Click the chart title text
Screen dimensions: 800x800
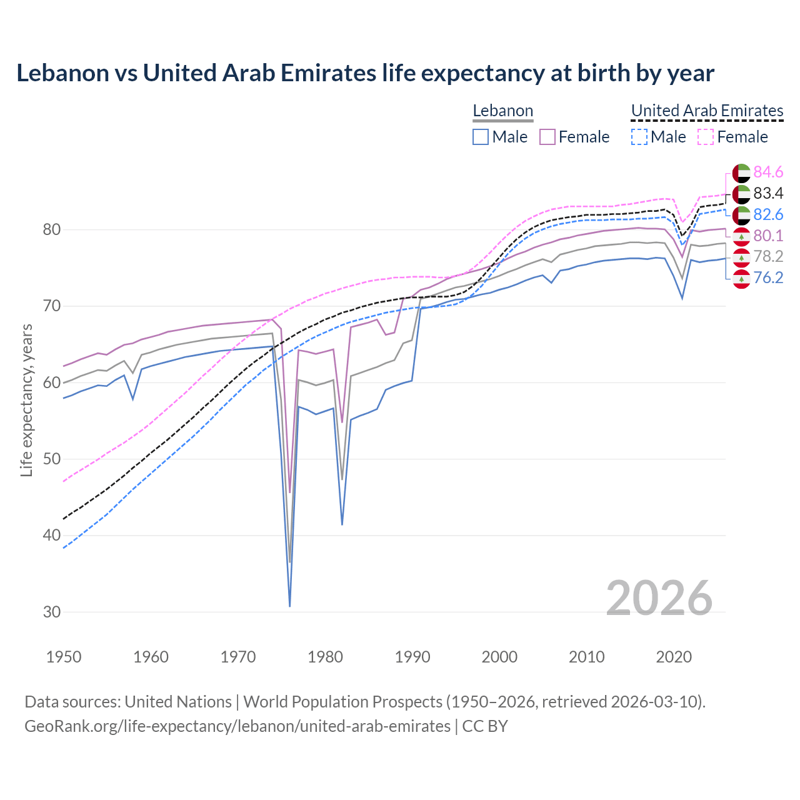[x=365, y=73]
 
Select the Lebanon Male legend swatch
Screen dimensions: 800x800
[x=480, y=137]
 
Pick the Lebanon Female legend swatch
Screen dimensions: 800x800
[x=547, y=137]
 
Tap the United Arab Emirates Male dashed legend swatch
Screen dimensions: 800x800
[x=639, y=137]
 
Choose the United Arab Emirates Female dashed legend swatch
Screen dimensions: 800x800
[x=705, y=137]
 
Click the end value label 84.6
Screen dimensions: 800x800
[x=768, y=172]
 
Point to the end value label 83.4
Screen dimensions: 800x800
[x=768, y=193]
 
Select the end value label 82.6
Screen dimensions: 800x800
[x=768, y=214]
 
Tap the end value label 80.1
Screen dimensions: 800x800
[x=768, y=236]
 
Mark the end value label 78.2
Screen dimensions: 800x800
[x=768, y=256]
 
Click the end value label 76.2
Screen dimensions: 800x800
[x=768, y=277]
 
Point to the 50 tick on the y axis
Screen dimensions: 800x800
[x=52, y=459]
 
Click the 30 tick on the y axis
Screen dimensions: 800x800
[x=52, y=612]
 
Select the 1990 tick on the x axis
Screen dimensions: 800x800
[x=412, y=657]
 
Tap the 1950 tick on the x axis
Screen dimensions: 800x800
[x=64, y=657]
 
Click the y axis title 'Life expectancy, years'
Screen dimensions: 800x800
[x=26, y=400]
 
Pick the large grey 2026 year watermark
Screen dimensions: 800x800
[x=659, y=598]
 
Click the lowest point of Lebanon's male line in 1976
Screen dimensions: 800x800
[x=290, y=606]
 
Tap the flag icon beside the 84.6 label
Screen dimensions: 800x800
[x=741, y=172]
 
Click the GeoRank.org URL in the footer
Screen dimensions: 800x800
[x=237, y=726]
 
